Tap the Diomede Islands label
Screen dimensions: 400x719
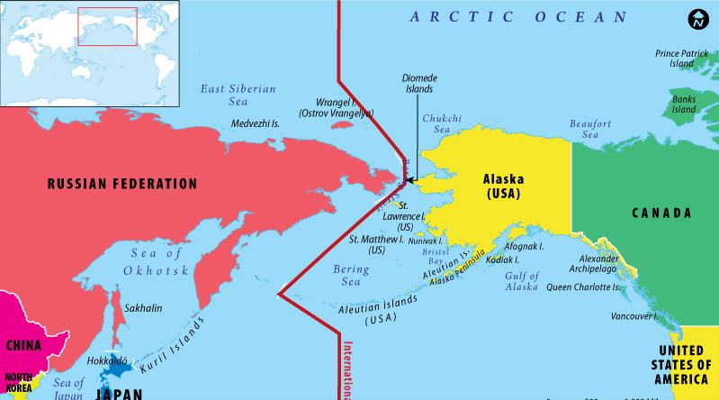coord(418,84)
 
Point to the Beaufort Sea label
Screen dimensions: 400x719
coord(589,129)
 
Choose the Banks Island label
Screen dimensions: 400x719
coord(685,104)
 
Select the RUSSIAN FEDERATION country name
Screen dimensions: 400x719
coord(121,184)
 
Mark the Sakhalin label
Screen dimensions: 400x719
coord(144,307)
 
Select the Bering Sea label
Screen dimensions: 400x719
coord(350,275)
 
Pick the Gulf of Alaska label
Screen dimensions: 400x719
coord(521,280)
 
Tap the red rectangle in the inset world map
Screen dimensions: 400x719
coord(107,25)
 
